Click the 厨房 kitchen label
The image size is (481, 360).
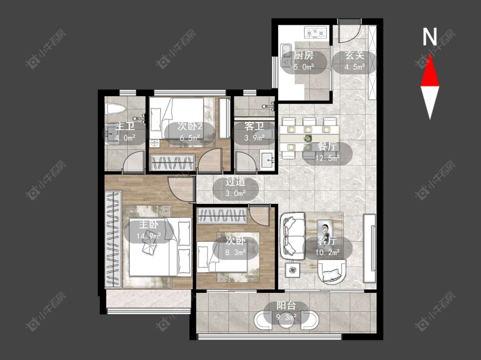coord(304,56)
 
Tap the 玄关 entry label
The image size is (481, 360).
coord(354,56)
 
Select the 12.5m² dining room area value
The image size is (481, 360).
coord(328,158)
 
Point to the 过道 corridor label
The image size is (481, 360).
coord(235,182)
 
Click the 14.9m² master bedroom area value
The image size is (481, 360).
coord(149,236)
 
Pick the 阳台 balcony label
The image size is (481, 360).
coord(286,306)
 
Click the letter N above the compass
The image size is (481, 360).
coord(429,37)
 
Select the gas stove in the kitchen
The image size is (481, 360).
coord(315,32)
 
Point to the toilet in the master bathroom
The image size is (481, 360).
coord(115,109)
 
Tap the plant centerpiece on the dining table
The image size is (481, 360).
coord(307,138)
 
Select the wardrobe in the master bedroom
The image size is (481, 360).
coord(113,239)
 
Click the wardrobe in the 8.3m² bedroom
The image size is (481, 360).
coord(222,216)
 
